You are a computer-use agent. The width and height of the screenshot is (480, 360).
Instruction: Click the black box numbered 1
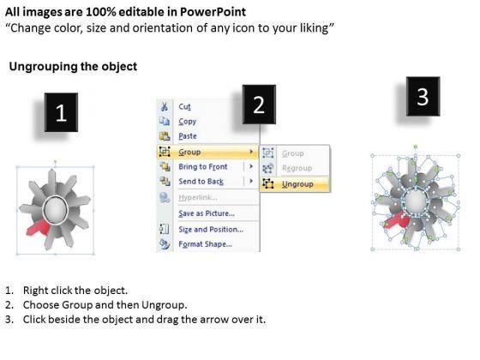pyautogui.click(x=61, y=112)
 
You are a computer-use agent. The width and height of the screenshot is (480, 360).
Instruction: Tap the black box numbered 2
pyautogui.click(x=259, y=105)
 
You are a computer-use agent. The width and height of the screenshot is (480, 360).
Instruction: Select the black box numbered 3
pyautogui.click(x=423, y=96)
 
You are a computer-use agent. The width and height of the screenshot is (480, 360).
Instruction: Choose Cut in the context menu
pyautogui.click(x=184, y=106)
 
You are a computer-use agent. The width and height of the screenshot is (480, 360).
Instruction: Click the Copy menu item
pyautogui.click(x=188, y=122)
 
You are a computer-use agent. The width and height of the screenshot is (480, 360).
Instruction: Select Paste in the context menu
pyautogui.click(x=188, y=136)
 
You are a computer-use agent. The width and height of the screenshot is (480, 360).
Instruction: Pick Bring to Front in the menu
pyautogui.click(x=203, y=166)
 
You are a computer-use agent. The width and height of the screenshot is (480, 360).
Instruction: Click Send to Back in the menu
pyautogui.click(x=201, y=182)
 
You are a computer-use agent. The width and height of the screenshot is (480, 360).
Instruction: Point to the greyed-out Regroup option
pyautogui.click(x=297, y=168)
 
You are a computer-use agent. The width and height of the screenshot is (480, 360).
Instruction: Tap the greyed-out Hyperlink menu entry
pyautogui.click(x=198, y=197)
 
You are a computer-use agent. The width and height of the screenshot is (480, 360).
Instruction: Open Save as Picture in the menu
pyautogui.click(x=207, y=213)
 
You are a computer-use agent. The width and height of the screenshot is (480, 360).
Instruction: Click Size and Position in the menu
pyautogui.click(x=211, y=230)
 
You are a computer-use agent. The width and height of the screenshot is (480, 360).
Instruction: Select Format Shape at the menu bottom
pyautogui.click(x=206, y=244)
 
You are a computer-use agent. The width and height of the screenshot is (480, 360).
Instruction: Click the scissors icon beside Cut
pyautogui.click(x=165, y=106)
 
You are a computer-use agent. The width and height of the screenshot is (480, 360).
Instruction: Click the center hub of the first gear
pyautogui.click(x=56, y=209)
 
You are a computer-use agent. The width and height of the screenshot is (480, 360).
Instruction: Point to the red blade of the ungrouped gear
pyautogui.click(x=395, y=221)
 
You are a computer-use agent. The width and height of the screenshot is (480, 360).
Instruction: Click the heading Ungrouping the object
pyautogui.click(x=73, y=67)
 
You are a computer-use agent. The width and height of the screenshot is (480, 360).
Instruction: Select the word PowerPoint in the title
pyautogui.click(x=213, y=12)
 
